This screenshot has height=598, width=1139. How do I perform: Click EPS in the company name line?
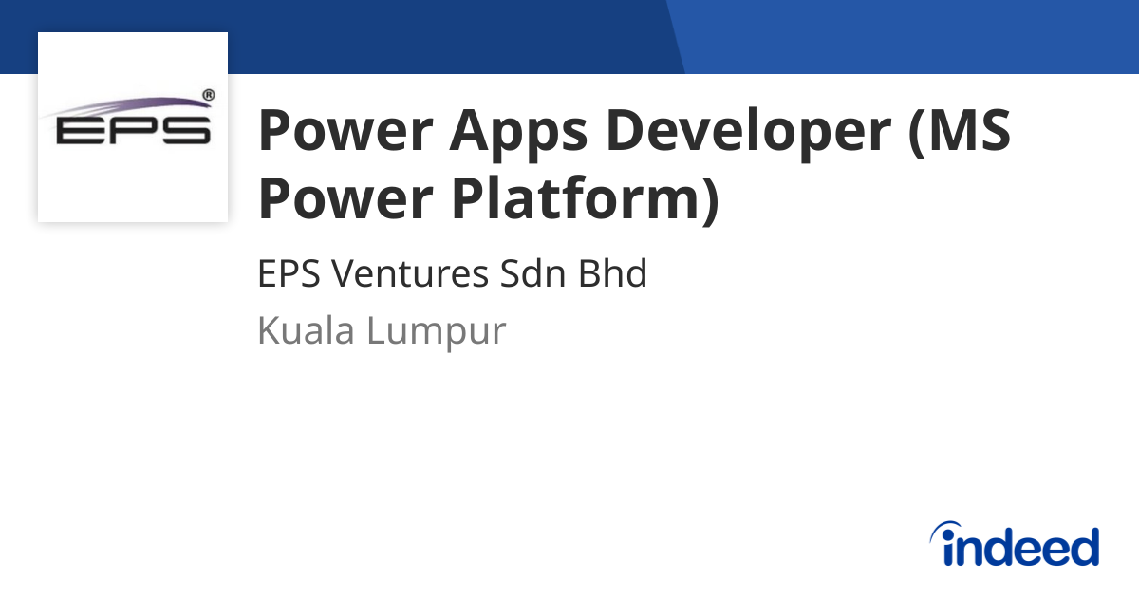[x=289, y=274]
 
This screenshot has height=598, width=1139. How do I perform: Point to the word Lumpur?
[x=437, y=331]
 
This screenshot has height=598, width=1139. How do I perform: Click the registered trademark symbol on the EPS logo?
[x=208, y=96]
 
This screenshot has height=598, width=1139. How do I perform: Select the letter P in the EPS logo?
[x=132, y=131]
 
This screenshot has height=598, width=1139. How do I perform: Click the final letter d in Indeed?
[x=1083, y=547]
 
